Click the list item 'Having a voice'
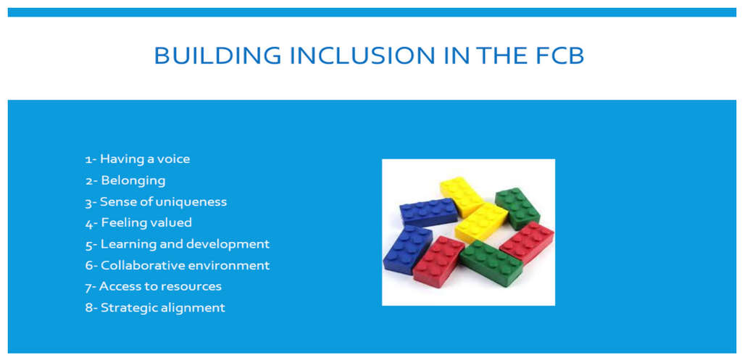click(x=144, y=159)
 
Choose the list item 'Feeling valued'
click(x=146, y=222)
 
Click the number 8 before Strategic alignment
click(x=88, y=308)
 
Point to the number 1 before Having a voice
click(x=88, y=159)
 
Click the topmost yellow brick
click(x=462, y=194)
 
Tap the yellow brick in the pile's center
click(x=481, y=222)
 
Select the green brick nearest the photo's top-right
click(x=517, y=207)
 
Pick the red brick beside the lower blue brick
click(x=438, y=261)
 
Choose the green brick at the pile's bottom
click(x=491, y=262)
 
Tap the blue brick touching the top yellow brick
click(x=428, y=212)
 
